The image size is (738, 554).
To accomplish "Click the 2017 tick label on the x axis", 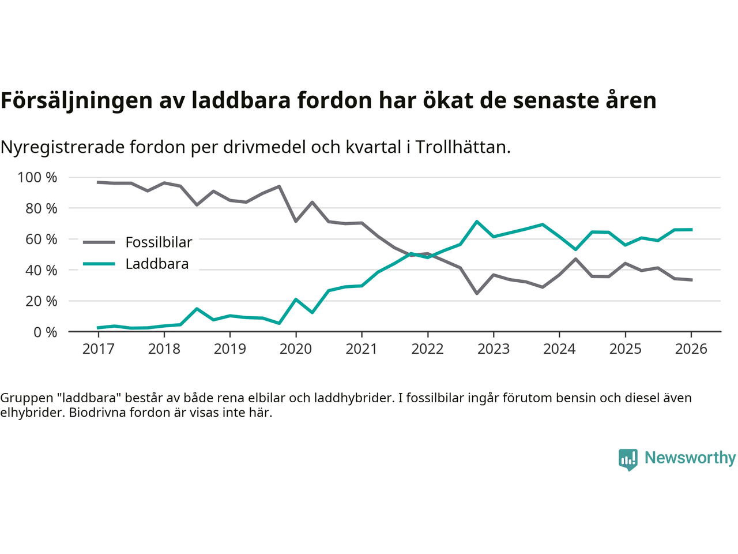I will [x=98, y=349].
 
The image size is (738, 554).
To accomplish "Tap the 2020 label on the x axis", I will [x=296, y=349].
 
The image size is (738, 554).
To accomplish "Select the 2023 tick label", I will [x=494, y=349].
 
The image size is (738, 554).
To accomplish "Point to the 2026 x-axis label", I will [x=691, y=349].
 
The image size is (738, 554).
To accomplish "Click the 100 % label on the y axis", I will [x=37, y=177].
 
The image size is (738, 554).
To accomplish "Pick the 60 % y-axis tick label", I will [x=41, y=239].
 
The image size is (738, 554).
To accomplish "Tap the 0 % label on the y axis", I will [x=44, y=332].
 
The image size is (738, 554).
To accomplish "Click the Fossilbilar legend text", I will [x=159, y=242].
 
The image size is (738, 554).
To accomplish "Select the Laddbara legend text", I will [x=157, y=264].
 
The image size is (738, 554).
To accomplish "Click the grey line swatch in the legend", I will [x=99, y=242].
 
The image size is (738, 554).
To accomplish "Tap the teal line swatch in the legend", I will [x=99, y=264].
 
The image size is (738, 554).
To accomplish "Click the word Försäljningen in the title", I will [x=73, y=101].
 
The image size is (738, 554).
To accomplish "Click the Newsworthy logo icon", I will [x=628, y=459].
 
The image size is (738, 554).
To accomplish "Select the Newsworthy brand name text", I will [x=690, y=458].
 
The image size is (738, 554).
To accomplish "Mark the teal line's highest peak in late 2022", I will [x=477, y=221].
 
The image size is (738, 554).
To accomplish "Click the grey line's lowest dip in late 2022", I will [x=477, y=293].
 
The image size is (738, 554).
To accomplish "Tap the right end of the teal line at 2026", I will [x=691, y=230].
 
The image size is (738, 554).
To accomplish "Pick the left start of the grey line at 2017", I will [x=98, y=182].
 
